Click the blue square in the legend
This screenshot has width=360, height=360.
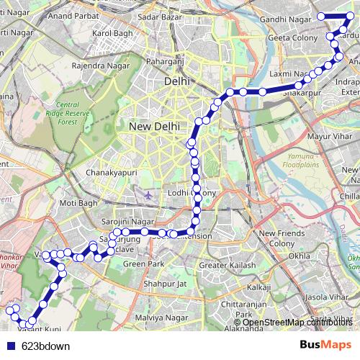click(10, 346)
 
